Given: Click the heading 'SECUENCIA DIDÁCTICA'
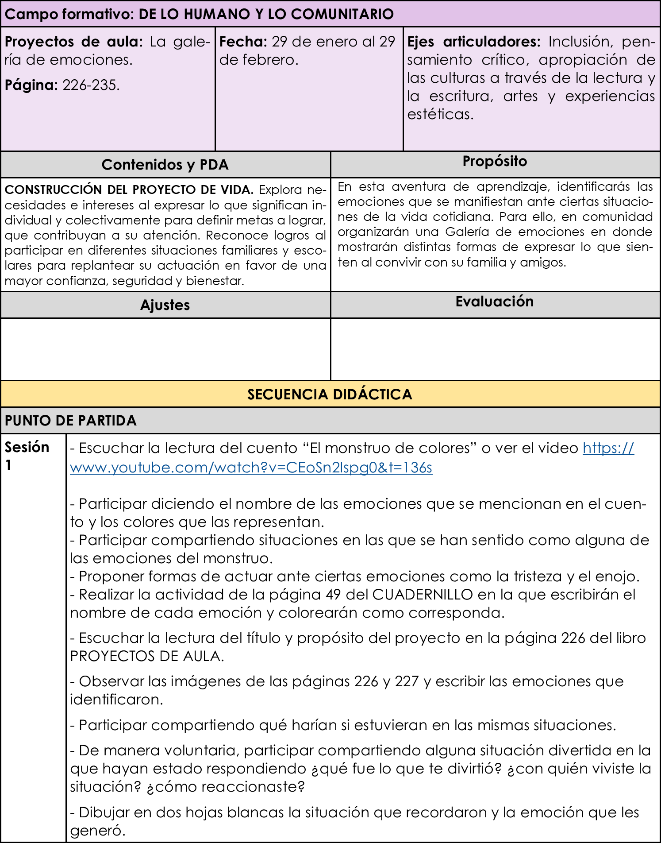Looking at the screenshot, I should (x=330, y=394).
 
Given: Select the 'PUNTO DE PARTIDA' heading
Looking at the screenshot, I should (x=71, y=420).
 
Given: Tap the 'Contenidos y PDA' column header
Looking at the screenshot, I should (x=165, y=165).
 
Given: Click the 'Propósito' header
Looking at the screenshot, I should (x=495, y=161).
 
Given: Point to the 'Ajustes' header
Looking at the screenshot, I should (x=165, y=305).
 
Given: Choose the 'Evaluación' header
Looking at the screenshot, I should (x=495, y=302).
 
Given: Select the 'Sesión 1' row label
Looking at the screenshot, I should (x=27, y=456).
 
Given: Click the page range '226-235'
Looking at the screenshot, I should (x=91, y=85).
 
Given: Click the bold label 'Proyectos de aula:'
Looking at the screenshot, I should (x=73, y=42).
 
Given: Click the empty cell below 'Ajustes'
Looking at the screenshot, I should (x=165, y=349).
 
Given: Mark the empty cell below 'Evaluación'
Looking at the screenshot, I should (x=495, y=349).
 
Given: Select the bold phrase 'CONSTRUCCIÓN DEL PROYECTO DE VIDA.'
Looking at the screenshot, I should (x=129, y=189).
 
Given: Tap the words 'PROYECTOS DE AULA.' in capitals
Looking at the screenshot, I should (x=147, y=656).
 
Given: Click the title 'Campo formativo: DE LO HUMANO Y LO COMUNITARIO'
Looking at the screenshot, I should (x=199, y=14).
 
